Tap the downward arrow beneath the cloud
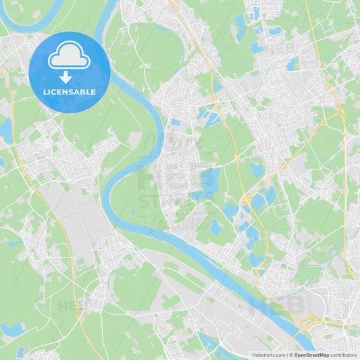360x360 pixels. point(66,76)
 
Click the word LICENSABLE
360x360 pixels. point(69,92)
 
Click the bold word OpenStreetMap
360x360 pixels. point(311,355)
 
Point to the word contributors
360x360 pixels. point(344,355)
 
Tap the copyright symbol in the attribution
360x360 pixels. point(290,355)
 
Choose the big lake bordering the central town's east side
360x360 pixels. point(210,180)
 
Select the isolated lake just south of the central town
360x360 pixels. point(215,227)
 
